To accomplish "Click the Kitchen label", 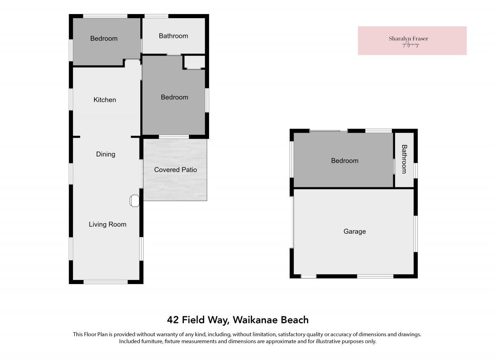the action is [x=105, y=100].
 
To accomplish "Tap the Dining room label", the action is [x=106, y=154].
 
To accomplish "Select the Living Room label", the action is [x=108, y=224].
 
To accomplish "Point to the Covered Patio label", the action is [x=175, y=169].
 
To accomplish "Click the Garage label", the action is [x=355, y=231].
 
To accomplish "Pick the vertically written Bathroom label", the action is [x=404, y=159].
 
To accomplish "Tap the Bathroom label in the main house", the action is [x=174, y=36].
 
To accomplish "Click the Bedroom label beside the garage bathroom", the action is [x=345, y=160].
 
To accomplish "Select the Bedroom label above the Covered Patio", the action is [x=174, y=97].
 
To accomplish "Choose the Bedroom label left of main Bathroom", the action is [x=104, y=38].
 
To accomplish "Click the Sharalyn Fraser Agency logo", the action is [x=412, y=41].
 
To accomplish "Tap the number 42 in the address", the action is [x=173, y=320].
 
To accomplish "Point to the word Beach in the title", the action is [x=295, y=320].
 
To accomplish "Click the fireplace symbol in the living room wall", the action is [x=134, y=201].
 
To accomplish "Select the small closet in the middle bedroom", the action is [x=194, y=62].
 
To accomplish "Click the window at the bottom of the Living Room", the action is [x=106, y=282].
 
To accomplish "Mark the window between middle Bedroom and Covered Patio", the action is [x=174, y=137].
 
